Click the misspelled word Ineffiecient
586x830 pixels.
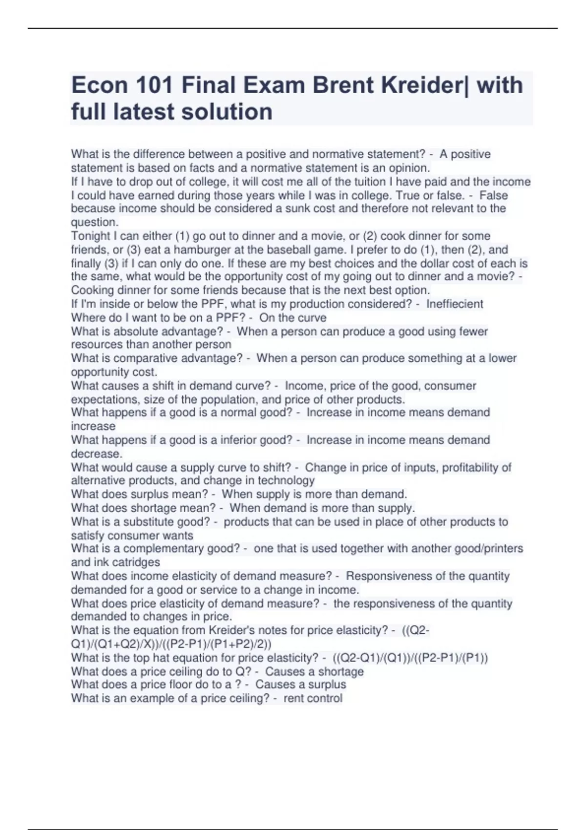[x=455, y=304]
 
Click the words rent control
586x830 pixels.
[x=313, y=698]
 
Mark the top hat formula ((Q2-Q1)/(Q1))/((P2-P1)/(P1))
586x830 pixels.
[x=410, y=658]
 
